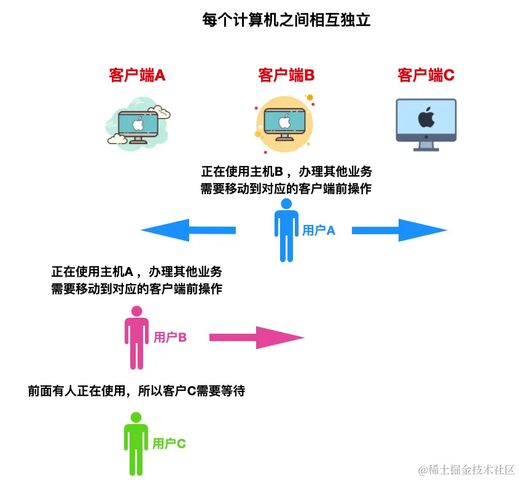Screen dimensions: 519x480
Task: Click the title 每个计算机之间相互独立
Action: (x=286, y=20)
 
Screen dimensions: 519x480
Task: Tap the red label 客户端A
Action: (x=137, y=76)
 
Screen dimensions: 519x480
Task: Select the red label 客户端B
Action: (x=286, y=76)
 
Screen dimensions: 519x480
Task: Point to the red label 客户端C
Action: (x=426, y=76)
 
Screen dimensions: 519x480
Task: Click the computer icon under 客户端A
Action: (x=138, y=125)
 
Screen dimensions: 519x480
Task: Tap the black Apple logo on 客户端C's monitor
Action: (x=426, y=117)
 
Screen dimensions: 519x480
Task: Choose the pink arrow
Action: (x=257, y=337)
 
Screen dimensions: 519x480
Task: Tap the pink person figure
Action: (x=136, y=337)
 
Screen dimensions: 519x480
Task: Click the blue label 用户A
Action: (x=319, y=231)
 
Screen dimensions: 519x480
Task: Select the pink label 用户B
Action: (x=170, y=337)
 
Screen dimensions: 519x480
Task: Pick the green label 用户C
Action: (x=169, y=444)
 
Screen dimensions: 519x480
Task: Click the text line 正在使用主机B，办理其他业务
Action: (x=286, y=171)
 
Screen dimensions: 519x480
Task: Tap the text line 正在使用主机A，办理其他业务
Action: (x=136, y=272)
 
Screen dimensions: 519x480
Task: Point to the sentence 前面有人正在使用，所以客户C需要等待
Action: (x=136, y=391)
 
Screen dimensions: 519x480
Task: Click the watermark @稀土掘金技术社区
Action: (x=466, y=470)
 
